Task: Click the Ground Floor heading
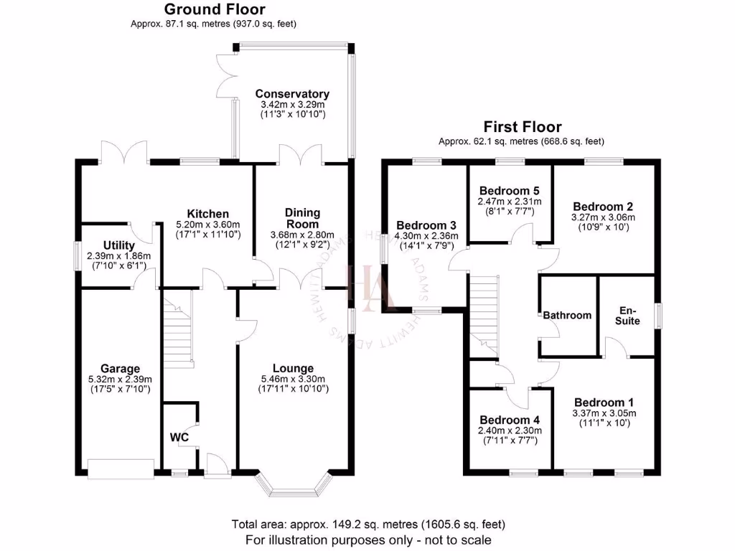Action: click(x=214, y=9)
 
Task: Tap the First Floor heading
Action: click(x=523, y=127)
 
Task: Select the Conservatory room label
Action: click(x=292, y=94)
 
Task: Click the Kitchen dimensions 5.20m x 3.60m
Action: click(x=208, y=224)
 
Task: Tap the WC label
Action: click(x=179, y=436)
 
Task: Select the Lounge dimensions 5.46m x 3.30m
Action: click(x=293, y=380)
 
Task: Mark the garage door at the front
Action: click(x=121, y=468)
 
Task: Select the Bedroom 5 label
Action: click(x=509, y=191)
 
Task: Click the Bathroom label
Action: click(x=567, y=315)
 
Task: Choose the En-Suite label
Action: click(x=627, y=316)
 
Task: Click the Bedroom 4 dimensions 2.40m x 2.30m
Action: click(x=509, y=430)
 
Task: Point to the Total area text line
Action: click(x=368, y=524)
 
